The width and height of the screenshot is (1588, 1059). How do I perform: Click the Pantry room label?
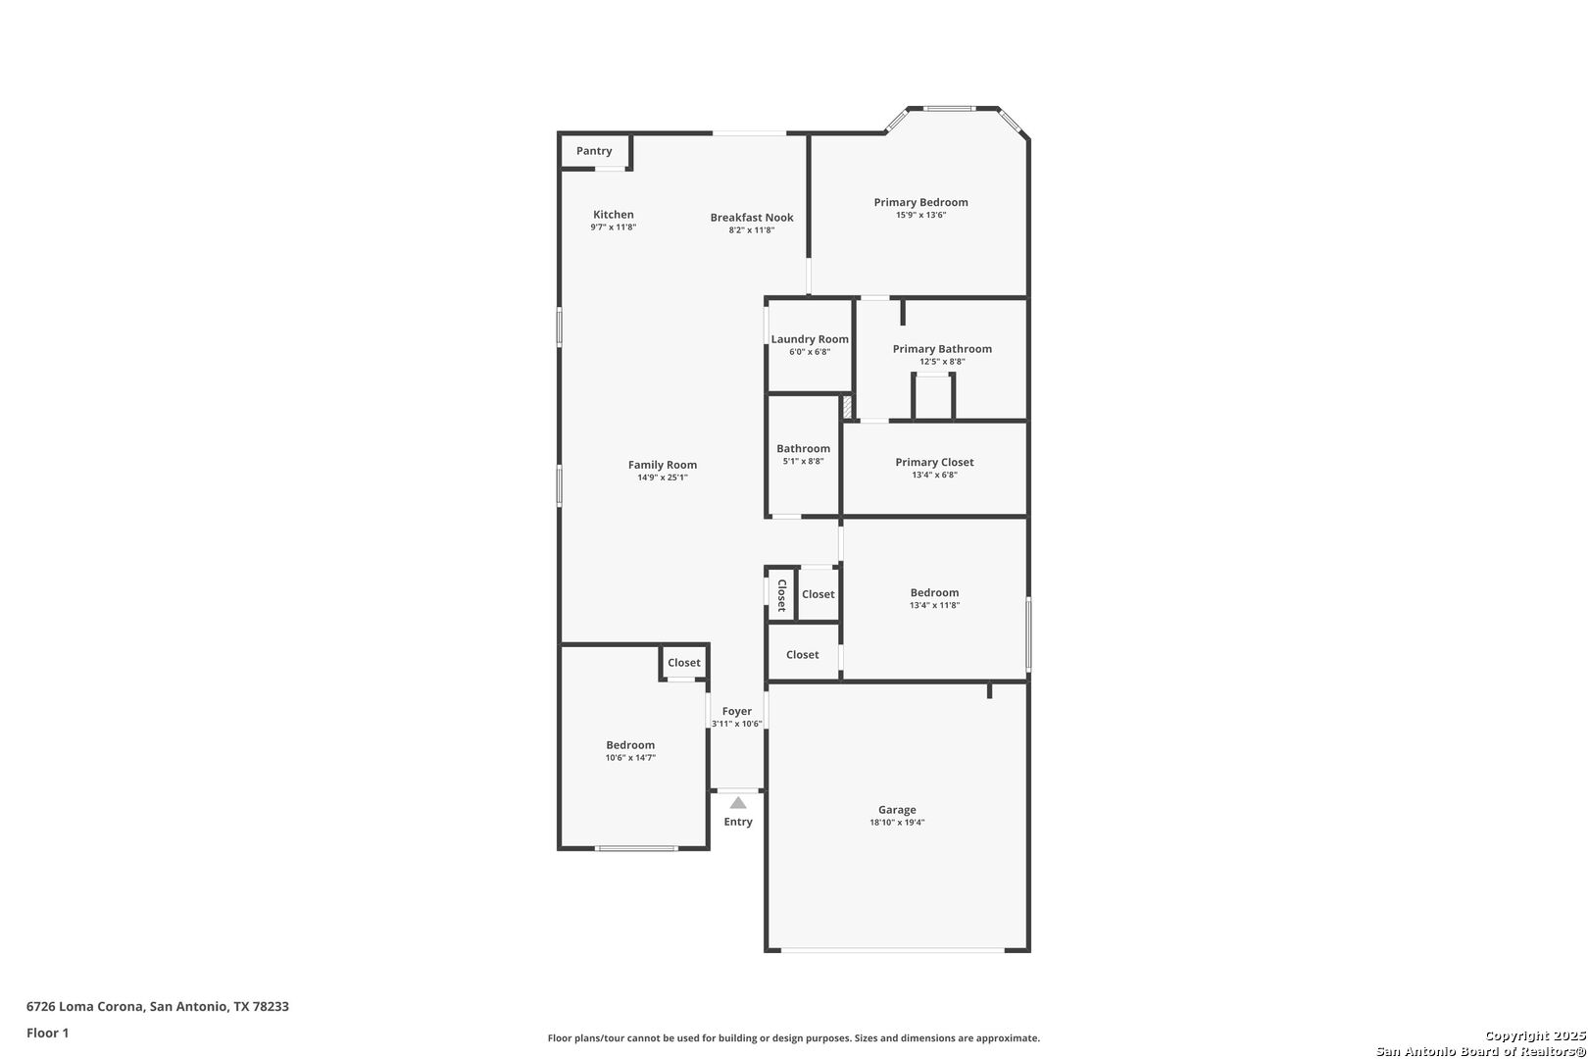[x=594, y=151]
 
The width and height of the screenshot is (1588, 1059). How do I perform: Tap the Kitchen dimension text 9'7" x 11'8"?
[x=614, y=227]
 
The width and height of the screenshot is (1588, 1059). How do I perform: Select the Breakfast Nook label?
[x=752, y=218]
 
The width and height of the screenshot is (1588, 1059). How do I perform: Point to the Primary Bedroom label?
[x=920, y=203]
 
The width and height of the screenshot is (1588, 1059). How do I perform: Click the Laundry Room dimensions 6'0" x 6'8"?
[x=810, y=352]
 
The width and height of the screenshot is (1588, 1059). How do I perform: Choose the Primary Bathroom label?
[x=942, y=349]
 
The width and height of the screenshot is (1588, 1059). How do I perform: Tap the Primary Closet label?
[x=934, y=463]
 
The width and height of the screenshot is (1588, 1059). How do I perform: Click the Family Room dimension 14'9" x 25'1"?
[x=662, y=479]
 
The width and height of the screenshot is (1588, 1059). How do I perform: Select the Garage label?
[x=897, y=810]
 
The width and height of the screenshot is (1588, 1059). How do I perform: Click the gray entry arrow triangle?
[x=738, y=803]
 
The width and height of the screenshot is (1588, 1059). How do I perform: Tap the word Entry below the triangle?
[x=738, y=822]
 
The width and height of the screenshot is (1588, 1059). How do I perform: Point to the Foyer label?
[x=736, y=712]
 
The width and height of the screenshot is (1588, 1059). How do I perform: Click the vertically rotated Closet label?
[x=782, y=595]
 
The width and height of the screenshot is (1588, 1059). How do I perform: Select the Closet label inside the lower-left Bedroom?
[x=684, y=663]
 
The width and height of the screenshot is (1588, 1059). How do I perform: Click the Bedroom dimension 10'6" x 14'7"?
[x=630, y=758]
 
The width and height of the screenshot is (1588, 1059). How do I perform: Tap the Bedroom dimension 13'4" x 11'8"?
[x=934, y=606]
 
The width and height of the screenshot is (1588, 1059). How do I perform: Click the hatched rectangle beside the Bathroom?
[x=847, y=407]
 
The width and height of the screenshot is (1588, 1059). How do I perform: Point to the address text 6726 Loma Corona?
[x=85, y=1006]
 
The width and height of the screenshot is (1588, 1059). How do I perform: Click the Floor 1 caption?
[x=47, y=1034]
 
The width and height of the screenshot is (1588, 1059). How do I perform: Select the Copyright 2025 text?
[x=1535, y=1036]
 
